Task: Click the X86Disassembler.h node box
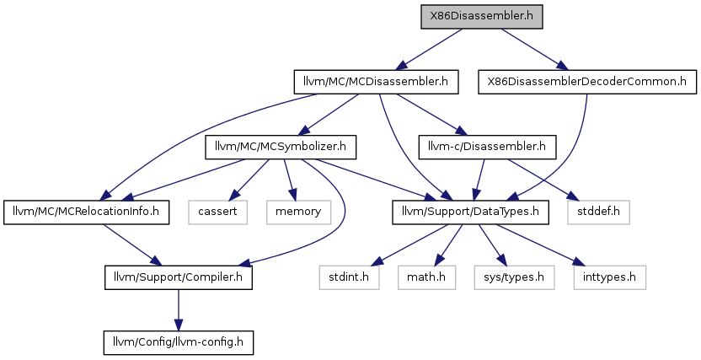pyautogui.click(x=481, y=17)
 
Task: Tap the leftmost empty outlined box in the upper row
pyautogui.click(x=217, y=212)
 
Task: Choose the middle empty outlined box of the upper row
pyautogui.click(x=298, y=212)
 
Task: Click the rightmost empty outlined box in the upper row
pyautogui.click(x=598, y=212)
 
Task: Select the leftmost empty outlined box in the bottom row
pyautogui.click(x=349, y=277)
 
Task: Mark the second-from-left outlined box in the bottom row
pyautogui.click(x=426, y=277)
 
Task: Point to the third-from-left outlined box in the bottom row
pyautogui.click(x=514, y=277)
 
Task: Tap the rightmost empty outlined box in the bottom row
pyautogui.click(x=609, y=277)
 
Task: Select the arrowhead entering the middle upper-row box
pyautogui.click(x=293, y=196)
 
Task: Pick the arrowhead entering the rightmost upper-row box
pyautogui.click(x=574, y=197)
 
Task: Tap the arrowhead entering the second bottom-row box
pyautogui.click(x=437, y=261)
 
